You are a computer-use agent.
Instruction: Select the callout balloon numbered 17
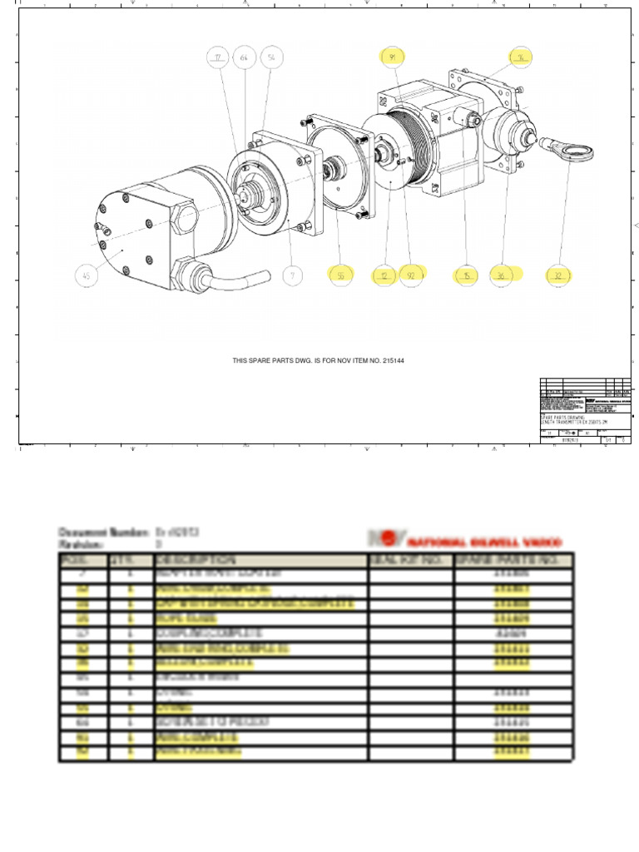click(220, 57)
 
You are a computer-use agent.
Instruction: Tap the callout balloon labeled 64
click(245, 57)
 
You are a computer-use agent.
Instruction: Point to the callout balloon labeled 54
click(271, 57)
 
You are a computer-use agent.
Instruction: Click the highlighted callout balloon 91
click(393, 57)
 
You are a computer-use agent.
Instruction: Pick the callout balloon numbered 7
click(291, 275)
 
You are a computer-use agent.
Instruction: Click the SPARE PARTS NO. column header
click(513, 560)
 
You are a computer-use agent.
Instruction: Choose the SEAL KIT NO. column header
click(411, 560)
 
